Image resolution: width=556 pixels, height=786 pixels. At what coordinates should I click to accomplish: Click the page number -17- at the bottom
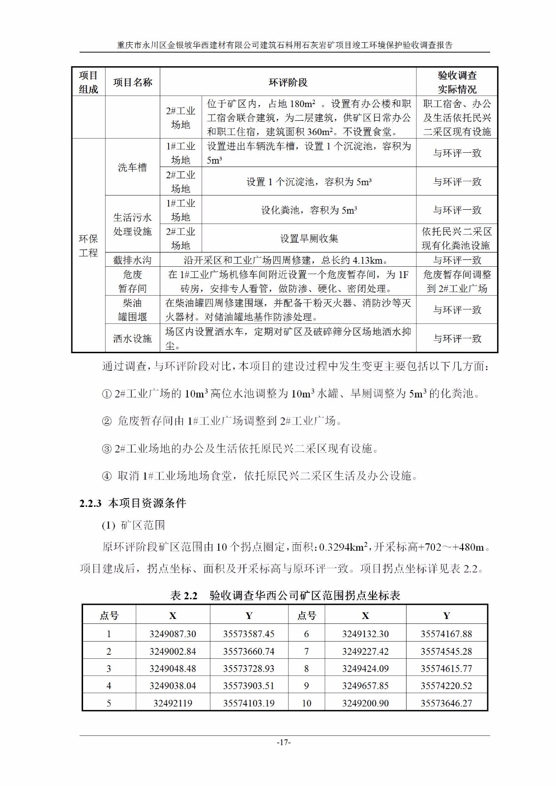pyautogui.click(x=284, y=742)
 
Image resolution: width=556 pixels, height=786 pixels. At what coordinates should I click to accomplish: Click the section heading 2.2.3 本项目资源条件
pyautogui.click(x=133, y=503)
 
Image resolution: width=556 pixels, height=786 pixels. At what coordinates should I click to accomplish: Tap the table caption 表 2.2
pyautogui.click(x=183, y=595)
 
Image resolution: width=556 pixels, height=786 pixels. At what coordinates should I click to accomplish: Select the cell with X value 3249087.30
pyautogui.click(x=173, y=634)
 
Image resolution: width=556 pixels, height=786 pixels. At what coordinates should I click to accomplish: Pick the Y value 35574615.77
pyautogui.click(x=446, y=668)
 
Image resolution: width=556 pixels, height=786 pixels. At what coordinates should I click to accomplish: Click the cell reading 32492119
pyautogui.click(x=173, y=703)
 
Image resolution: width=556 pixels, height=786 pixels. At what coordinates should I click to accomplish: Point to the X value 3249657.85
pyautogui.click(x=365, y=686)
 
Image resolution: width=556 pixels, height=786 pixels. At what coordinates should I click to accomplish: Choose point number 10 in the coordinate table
pyautogui.click(x=306, y=703)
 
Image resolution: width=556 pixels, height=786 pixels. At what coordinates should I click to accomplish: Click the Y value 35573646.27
pyautogui.click(x=446, y=703)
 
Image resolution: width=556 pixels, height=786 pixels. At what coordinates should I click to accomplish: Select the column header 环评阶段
pyautogui.click(x=288, y=82)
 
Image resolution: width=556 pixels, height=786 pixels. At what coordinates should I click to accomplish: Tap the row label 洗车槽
pyautogui.click(x=132, y=168)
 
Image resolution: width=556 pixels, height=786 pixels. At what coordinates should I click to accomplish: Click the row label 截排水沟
pyautogui.click(x=132, y=260)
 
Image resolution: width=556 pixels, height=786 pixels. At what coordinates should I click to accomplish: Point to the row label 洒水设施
pyautogui.click(x=132, y=338)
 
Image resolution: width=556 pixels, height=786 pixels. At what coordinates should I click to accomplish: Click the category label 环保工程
pyautogui.click(x=88, y=246)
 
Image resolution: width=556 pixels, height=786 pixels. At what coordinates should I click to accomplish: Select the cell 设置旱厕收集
pyautogui.click(x=309, y=239)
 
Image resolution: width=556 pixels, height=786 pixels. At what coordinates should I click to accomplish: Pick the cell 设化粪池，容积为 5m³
pyautogui.click(x=309, y=210)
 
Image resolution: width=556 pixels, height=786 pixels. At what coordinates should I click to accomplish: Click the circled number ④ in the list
pyautogui.click(x=107, y=476)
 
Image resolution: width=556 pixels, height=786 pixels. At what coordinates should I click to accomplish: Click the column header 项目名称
pyautogui.click(x=132, y=82)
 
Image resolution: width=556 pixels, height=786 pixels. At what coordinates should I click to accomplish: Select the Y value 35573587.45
pyautogui.click(x=249, y=634)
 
